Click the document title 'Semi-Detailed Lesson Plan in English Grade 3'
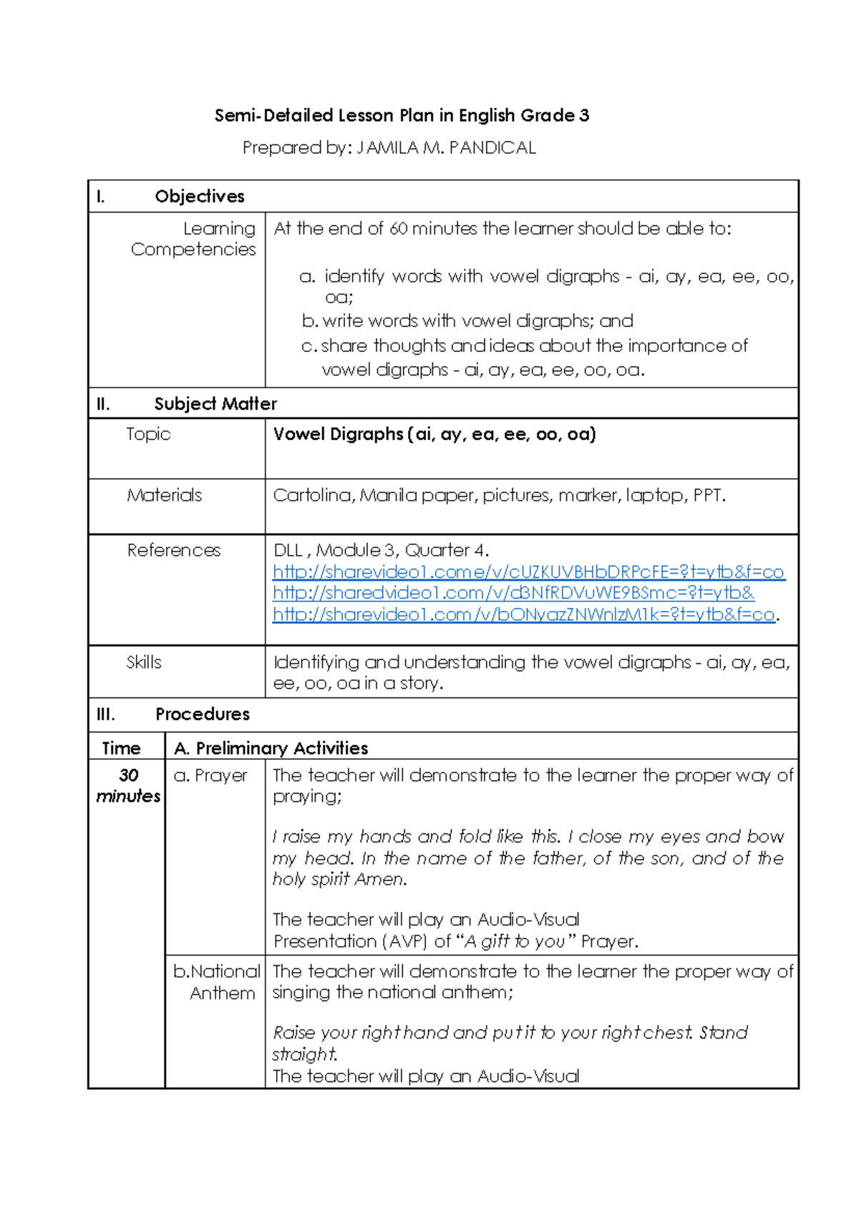tap(402, 115)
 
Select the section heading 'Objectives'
tap(200, 196)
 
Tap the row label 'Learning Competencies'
tap(193, 239)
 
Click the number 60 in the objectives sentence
tap(399, 229)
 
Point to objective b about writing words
tap(468, 321)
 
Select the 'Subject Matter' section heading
tap(215, 403)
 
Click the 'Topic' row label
tap(148, 434)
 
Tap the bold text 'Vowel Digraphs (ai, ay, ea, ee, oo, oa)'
tap(435, 434)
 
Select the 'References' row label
tap(174, 550)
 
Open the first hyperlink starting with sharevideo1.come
tap(528, 572)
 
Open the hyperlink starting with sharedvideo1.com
tap(513, 593)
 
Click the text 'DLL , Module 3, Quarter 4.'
tap(381, 550)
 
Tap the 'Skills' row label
tap(144, 662)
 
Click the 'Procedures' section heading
tap(203, 714)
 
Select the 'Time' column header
tap(121, 748)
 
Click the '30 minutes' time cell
tap(128, 785)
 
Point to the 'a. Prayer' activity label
tap(210, 775)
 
